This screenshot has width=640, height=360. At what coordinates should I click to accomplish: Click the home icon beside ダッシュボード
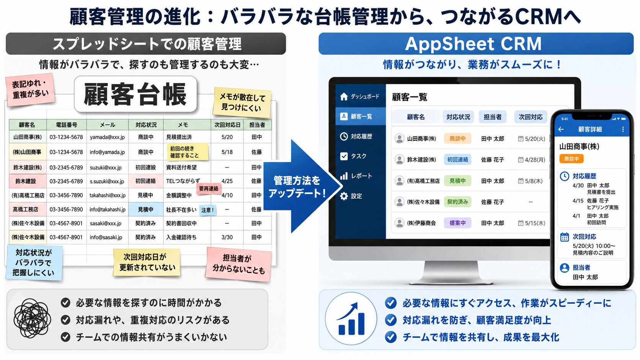tap(344, 96)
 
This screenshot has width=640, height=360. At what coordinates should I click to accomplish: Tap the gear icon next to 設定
tap(344, 196)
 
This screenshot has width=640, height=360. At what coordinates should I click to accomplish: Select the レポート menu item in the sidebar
tap(356, 176)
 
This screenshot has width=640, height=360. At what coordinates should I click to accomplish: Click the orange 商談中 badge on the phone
tap(571, 159)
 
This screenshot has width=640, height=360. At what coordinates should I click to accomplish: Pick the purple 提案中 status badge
tap(457, 223)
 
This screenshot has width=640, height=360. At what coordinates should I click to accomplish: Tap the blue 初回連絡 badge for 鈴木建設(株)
tap(457, 160)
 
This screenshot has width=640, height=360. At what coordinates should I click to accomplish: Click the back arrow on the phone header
tap(561, 129)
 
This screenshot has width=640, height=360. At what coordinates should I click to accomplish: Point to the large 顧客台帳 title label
tap(136, 94)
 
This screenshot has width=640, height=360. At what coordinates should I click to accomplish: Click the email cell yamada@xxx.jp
tap(108, 137)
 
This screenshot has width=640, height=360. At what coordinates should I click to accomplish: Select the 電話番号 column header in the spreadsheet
tap(66, 125)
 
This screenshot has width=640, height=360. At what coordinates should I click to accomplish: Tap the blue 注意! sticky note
tap(207, 210)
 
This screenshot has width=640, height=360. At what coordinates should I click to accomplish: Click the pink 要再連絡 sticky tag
tap(209, 189)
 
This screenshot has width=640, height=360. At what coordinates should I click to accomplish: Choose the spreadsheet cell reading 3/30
tap(227, 237)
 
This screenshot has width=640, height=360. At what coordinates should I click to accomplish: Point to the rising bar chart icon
tap(351, 319)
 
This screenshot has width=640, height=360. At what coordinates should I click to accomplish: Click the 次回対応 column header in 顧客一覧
tap(531, 117)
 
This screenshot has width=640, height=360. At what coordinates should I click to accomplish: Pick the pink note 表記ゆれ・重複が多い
tap(30, 90)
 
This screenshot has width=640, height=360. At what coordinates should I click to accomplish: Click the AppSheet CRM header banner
tap(476, 44)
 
